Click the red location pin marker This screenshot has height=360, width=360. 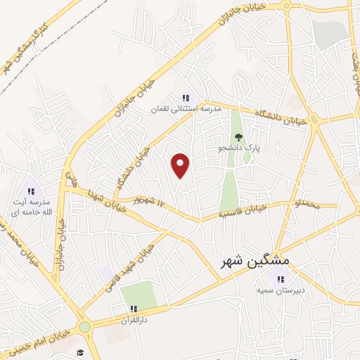(181, 165)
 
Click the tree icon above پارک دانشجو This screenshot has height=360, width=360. (238, 138)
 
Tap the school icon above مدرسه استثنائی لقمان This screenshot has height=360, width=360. (186, 98)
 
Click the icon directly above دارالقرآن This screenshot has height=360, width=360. (133, 308)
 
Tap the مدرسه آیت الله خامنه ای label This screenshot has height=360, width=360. (30, 207)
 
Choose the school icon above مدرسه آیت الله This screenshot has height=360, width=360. (30, 191)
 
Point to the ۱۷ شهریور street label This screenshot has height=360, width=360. (149, 204)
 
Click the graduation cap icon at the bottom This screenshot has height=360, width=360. (80, 352)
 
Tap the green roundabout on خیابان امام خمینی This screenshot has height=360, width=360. (85, 327)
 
